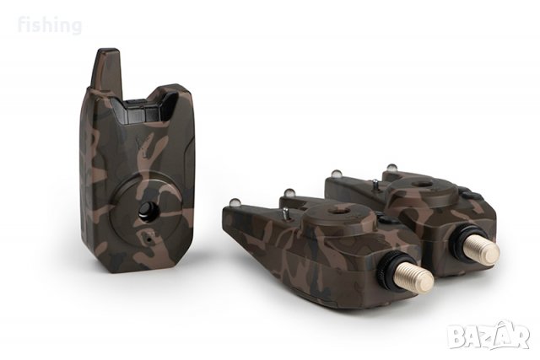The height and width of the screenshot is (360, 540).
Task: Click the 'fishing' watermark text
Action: click(x=50, y=25)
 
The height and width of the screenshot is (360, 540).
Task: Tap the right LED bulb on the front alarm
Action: click(x=289, y=193)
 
